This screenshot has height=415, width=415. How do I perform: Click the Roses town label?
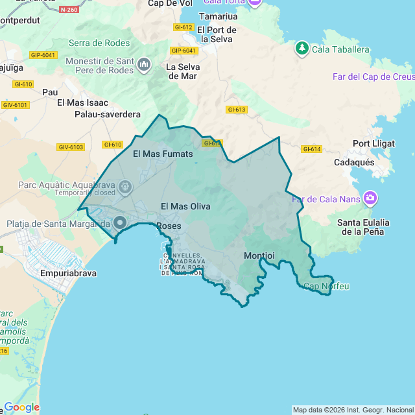pyautogui.click(x=169, y=226)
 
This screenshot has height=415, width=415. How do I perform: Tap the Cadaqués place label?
pyautogui.click(x=353, y=162)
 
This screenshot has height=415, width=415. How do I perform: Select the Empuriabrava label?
pyautogui.click(x=68, y=273)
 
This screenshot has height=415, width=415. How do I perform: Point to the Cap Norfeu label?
pyautogui.click(x=326, y=286)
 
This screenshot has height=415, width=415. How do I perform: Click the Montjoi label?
pyautogui.click(x=259, y=255)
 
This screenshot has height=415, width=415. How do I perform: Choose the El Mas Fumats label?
pyautogui.click(x=163, y=154)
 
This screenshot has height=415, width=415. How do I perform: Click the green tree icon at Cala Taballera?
pyautogui.click(x=302, y=48)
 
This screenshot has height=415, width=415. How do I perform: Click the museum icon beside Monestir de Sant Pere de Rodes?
pyautogui.click(x=144, y=64)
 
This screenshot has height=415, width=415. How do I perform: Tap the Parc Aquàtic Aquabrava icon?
pyautogui.click(x=125, y=188)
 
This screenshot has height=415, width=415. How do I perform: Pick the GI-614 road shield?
pyautogui.click(x=311, y=149)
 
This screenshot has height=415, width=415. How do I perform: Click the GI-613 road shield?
pyautogui.click(x=236, y=110)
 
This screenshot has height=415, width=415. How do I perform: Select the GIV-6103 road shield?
pyautogui.click(x=71, y=147)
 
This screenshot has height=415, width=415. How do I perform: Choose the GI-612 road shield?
pyautogui.click(x=184, y=27)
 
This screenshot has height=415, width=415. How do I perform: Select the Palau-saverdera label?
pyautogui.click(x=108, y=114)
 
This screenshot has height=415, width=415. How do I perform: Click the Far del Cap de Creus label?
pyautogui.click(x=373, y=76)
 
